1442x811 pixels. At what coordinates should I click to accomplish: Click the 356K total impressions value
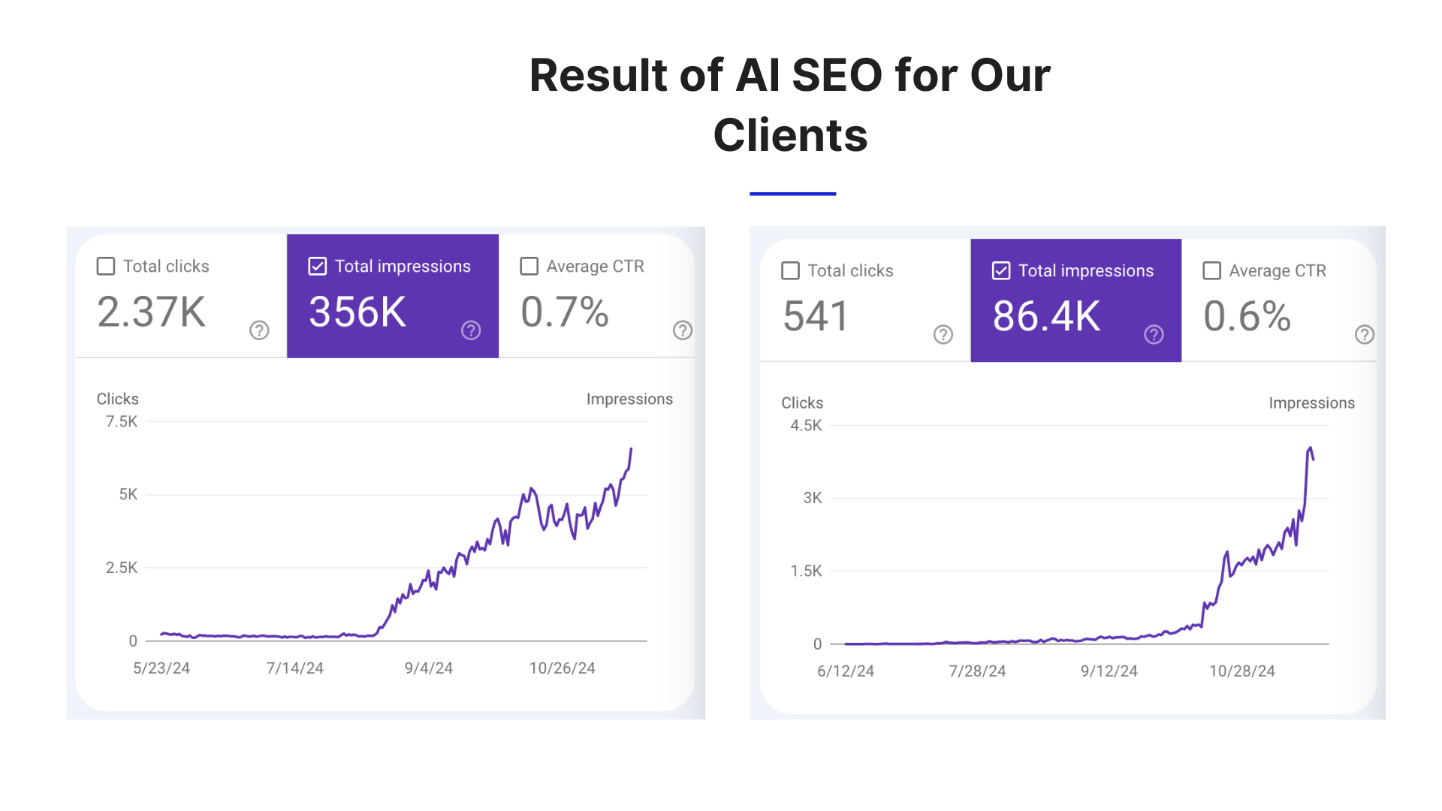point(357,312)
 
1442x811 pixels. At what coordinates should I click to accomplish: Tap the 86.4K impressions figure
point(1046,316)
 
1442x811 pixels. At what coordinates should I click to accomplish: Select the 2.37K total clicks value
point(151,312)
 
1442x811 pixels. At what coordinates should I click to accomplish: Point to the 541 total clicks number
point(816,316)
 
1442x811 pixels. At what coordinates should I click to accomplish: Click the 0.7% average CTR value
point(564,312)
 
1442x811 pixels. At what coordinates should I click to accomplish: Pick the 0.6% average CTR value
point(1247,316)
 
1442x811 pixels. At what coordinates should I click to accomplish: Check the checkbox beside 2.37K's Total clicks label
point(106,267)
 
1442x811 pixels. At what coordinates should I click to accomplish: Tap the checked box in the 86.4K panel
point(1001,271)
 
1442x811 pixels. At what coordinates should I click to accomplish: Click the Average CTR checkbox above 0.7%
point(529,267)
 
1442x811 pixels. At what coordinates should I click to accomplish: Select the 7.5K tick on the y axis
point(122,422)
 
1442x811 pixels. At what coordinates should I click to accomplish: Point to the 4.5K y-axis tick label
point(806,426)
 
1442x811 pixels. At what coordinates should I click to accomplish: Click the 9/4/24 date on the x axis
point(428,668)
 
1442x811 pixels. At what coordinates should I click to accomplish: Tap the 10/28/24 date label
point(1241,671)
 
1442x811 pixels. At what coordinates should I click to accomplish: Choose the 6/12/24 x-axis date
point(846,671)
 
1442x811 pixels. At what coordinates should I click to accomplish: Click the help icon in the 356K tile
point(471,330)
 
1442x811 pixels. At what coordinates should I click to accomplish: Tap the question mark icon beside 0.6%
point(1365,335)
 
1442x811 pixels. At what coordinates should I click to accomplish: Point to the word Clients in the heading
point(790,136)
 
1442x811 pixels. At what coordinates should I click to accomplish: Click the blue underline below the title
point(792,194)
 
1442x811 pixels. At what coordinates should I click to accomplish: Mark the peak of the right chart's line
point(1310,448)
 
